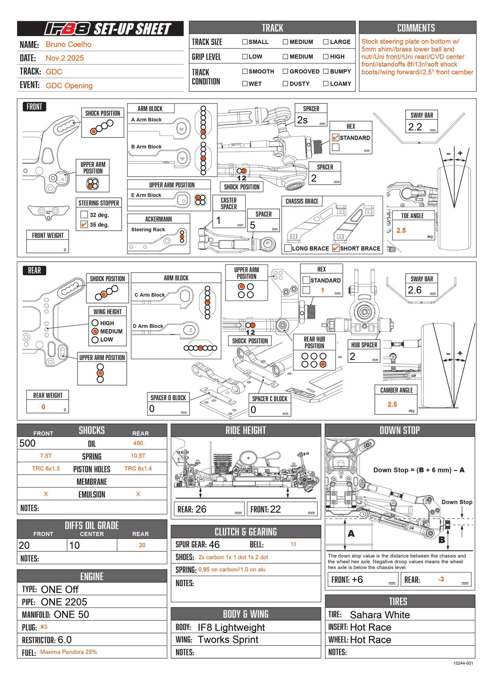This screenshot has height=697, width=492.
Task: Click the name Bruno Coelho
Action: pos(68,44)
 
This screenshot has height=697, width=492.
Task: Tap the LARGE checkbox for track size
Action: pos(326,42)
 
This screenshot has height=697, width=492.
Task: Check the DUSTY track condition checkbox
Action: pos(285,84)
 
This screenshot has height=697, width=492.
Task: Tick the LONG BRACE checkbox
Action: pos(288,248)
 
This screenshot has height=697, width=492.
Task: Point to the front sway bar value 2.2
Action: pos(415,127)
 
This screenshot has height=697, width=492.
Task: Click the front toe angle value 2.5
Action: pos(401,230)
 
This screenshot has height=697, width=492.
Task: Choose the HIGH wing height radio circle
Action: pos(95,323)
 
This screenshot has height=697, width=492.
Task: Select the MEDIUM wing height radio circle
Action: pos(95,331)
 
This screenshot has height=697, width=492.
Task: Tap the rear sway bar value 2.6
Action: pos(415,290)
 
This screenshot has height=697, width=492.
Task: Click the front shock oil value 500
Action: pos(28,443)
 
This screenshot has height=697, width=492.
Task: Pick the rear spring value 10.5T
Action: pos(138,456)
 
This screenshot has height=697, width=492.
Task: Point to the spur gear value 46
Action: pos(214,545)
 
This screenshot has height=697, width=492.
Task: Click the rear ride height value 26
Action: pos(201,509)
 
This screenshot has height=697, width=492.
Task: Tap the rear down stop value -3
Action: pos(441,579)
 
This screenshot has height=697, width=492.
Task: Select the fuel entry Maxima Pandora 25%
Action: pos(69,652)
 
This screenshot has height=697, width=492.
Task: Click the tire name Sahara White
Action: pos(380,615)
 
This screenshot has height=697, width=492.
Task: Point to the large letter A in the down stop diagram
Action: pos(351,534)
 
